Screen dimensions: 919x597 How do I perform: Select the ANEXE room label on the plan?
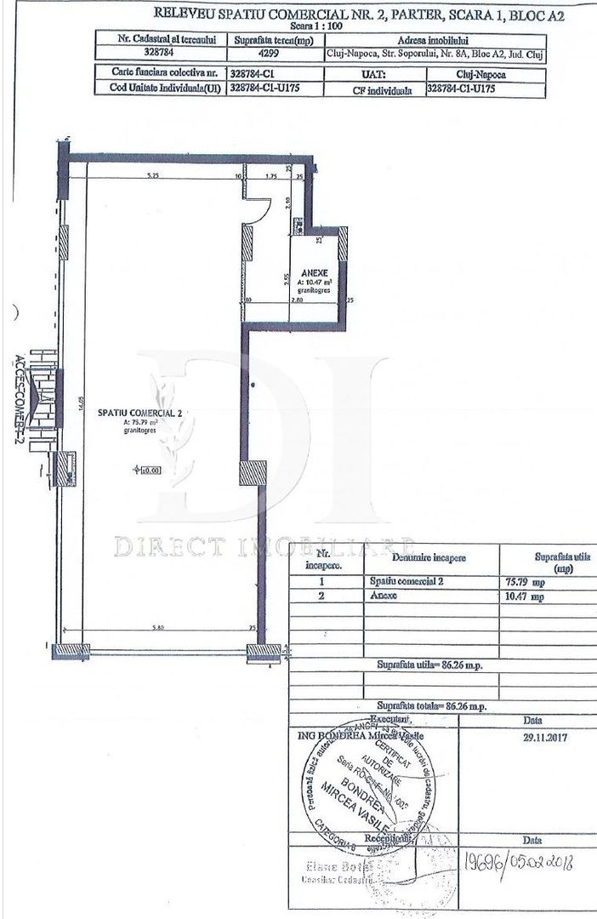(307, 273)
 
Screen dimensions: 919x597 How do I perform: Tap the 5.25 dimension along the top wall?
(153, 176)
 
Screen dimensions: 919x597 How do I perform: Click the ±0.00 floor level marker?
(150, 469)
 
